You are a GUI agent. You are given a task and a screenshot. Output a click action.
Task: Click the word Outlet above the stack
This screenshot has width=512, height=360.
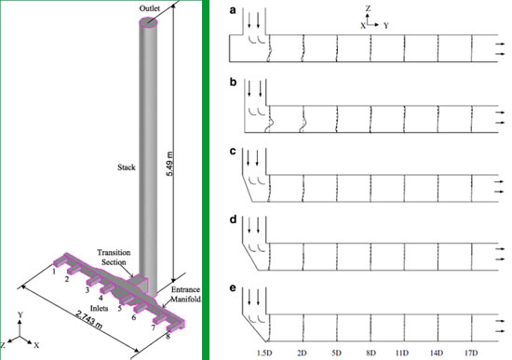[150, 7]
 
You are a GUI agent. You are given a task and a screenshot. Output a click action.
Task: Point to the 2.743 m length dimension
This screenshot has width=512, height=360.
[92, 317]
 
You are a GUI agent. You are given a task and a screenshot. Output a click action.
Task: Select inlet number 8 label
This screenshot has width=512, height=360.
[168, 337]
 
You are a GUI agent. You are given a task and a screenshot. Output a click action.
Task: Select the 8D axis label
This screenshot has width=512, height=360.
[371, 353]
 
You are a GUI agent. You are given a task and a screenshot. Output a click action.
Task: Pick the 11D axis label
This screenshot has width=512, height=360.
[405, 353]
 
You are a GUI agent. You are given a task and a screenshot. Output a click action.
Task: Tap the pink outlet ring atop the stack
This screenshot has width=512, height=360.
[150, 20]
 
